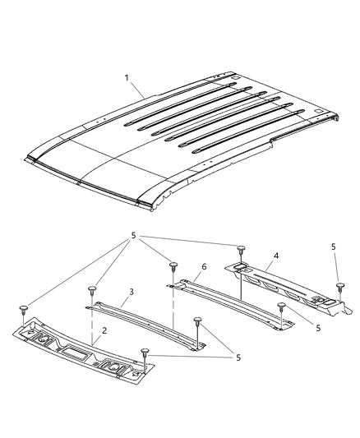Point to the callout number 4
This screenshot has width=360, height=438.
point(276,256)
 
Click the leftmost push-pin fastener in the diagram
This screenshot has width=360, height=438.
point(24,309)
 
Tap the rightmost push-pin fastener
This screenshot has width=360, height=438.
point(339,287)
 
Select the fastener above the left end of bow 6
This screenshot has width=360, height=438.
point(173,265)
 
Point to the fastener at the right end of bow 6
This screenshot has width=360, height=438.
point(282,307)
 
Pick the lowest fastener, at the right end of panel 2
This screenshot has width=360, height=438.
point(145,353)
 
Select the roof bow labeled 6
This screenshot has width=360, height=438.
point(230,304)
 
